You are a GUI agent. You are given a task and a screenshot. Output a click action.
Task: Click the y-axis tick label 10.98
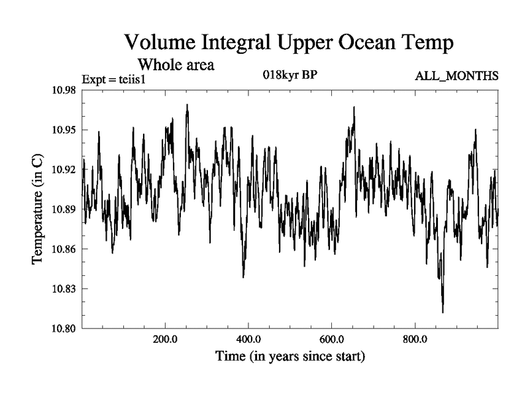64,90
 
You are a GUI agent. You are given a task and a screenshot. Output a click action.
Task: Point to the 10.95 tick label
64,130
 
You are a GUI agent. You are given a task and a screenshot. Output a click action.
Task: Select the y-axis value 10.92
64,170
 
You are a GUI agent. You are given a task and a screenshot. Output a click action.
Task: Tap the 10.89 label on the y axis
64,209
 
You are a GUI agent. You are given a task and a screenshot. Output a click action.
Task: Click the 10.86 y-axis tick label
64,249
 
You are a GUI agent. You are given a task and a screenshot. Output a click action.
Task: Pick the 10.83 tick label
64,289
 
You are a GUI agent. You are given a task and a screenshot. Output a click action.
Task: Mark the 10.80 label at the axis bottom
64,328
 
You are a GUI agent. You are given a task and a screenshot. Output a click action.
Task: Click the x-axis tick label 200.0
165,339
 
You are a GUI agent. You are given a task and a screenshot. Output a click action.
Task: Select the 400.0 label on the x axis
248,339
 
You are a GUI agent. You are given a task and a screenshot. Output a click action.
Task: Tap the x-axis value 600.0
332,339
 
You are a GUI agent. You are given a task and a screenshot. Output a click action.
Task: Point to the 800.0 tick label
415,339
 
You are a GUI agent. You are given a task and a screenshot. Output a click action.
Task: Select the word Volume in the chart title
160,42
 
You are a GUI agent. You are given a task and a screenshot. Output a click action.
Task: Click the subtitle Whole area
176,64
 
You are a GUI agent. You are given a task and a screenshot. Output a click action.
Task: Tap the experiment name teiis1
132,80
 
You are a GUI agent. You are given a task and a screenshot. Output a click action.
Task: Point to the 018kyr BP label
290,74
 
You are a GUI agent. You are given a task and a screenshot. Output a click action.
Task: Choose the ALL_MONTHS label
456,76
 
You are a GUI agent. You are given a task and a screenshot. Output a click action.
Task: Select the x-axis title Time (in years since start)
290,356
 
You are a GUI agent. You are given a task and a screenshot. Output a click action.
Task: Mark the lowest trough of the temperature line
443,312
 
